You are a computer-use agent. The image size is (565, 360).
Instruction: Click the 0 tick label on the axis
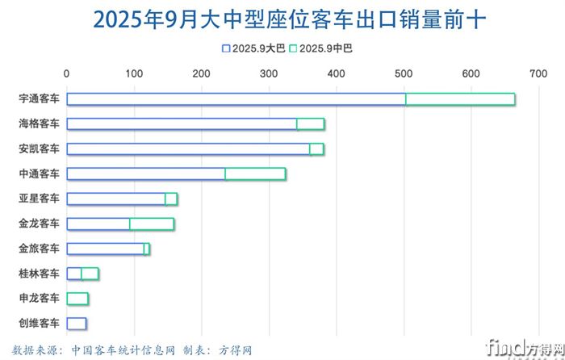click(66, 73)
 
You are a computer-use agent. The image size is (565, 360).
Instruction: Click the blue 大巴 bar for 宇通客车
click(236, 99)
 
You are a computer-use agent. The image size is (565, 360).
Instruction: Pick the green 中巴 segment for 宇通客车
click(460, 99)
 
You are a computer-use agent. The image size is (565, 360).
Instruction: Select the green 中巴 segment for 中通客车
click(255, 174)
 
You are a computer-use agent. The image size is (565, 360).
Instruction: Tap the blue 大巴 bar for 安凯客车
click(179, 149)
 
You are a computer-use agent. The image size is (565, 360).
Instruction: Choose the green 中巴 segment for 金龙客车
click(152, 224)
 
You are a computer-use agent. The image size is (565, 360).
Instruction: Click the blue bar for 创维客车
click(77, 324)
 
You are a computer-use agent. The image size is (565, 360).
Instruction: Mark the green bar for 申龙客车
click(77, 299)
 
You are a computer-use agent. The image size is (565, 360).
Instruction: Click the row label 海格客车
click(39, 124)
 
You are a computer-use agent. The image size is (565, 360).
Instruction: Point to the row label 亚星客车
click(39, 199)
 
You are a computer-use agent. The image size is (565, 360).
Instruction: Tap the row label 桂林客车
click(39, 274)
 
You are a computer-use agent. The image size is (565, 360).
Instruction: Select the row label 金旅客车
click(39, 249)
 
